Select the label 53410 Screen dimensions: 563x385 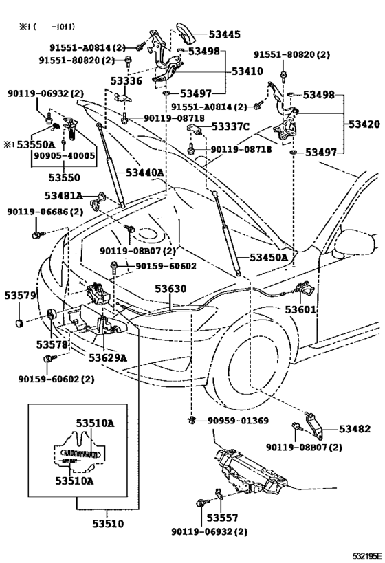click(x=247, y=70)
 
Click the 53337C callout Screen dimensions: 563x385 click(x=230, y=126)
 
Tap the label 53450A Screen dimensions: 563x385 click(x=268, y=257)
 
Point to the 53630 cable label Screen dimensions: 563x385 click(x=170, y=289)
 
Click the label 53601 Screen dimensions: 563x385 click(x=300, y=309)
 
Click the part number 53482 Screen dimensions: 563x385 click(x=354, y=429)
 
